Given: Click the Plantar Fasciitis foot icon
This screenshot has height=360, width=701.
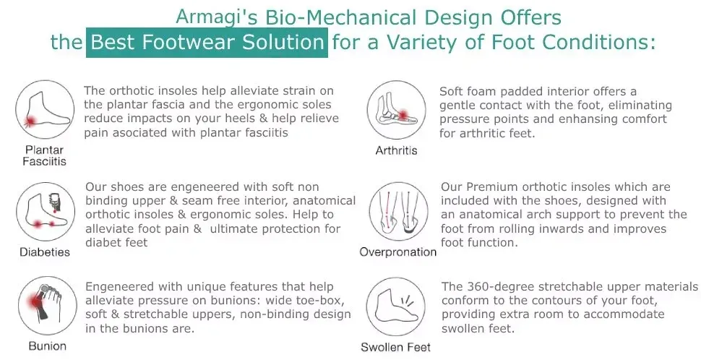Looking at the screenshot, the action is [x=45, y=110].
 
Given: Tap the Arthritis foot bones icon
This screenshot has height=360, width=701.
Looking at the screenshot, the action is [x=397, y=110].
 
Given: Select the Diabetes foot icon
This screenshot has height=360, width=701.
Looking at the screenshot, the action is [x=46, y=212].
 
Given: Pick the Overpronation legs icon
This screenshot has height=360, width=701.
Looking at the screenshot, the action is [x=399, y=212].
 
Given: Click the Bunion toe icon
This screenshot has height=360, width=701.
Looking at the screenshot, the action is [x=48, y=306].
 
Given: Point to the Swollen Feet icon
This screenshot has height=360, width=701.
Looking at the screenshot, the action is [x=395, y=307].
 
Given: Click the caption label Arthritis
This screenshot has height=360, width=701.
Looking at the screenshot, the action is [x=397, y=150].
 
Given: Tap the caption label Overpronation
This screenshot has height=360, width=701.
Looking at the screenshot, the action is [x=398, y=252].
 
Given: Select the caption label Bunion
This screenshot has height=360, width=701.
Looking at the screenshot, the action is [x=48, y=346].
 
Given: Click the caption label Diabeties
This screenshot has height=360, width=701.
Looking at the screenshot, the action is [x=45, y=252].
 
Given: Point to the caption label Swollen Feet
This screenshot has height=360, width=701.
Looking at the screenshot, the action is [x=395, y=348].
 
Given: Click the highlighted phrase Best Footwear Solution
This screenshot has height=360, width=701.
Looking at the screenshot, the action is [x=207, y=43].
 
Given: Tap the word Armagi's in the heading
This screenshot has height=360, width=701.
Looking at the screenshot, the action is [x=217, y=18].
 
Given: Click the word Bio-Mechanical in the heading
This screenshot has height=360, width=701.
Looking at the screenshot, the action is [x=341, y=18].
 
